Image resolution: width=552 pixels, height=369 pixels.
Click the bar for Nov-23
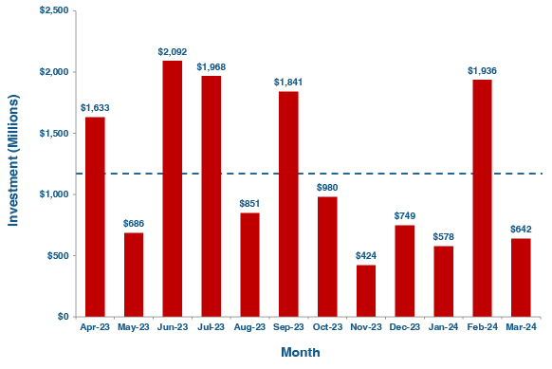pyautogui.click(x=366, y=290)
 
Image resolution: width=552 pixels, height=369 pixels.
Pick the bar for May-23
pyautogui.click(x=133, y=274)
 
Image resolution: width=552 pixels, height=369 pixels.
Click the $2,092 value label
pyautogui.click(x=172, y=51)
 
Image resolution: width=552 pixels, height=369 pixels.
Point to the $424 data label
pyautogui.click(x=366, y=255)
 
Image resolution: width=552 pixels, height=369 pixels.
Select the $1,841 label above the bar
pyautogui.click(x=288, y=82)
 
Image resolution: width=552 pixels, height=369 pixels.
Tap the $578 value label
pyautogui.click(x=443, y=236)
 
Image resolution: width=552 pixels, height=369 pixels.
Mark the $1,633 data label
pyautogui.click(x=94, y=107)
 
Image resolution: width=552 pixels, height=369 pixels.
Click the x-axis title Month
pyautogui.click(x=301, y=352)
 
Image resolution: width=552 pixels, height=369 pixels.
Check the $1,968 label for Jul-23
pyautogui.click(x=211, y=66)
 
